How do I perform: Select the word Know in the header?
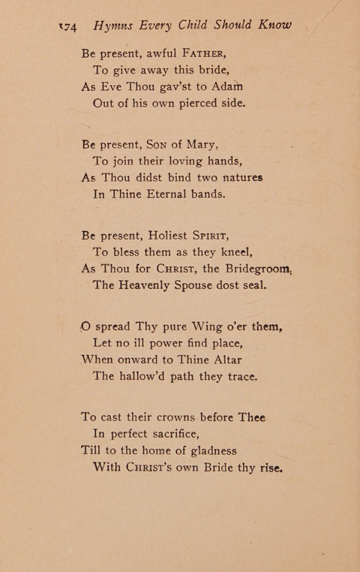(x=274, y=24)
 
